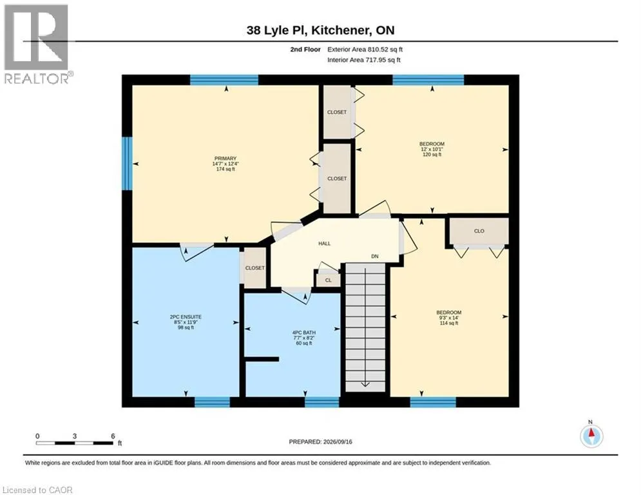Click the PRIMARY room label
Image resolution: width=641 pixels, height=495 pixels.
click(225, 159)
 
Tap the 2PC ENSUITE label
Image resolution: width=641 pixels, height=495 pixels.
click(186, 316)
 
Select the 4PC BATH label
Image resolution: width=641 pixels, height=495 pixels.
click(304, 333)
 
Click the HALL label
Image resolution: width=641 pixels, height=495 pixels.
click(325, 244)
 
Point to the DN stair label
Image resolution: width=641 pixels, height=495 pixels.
click(375, 256)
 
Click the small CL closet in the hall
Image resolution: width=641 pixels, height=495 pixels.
click(329, 280)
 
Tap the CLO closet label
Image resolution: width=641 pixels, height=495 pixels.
click(479, 231)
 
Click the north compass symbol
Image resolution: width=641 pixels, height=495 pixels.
click(591, 436)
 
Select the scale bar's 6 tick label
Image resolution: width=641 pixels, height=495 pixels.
click(113, 436)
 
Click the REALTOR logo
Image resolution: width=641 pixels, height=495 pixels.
click(36, 43)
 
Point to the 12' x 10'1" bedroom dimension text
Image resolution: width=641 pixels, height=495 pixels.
click(432, 150)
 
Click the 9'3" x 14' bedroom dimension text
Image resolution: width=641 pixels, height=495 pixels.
click(449, 318)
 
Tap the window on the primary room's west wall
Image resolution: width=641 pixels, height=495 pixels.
click(128, 163)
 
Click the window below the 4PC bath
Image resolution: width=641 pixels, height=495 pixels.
click(321, 402)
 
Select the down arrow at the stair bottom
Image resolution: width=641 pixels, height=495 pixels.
click(365, 384)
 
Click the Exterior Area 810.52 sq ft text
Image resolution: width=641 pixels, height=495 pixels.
click(365, 50)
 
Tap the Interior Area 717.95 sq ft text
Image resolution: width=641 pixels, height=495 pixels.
click(364, 60)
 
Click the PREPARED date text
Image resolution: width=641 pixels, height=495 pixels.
click(321, 442)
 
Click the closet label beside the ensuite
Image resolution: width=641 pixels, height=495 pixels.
click(254, 268)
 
